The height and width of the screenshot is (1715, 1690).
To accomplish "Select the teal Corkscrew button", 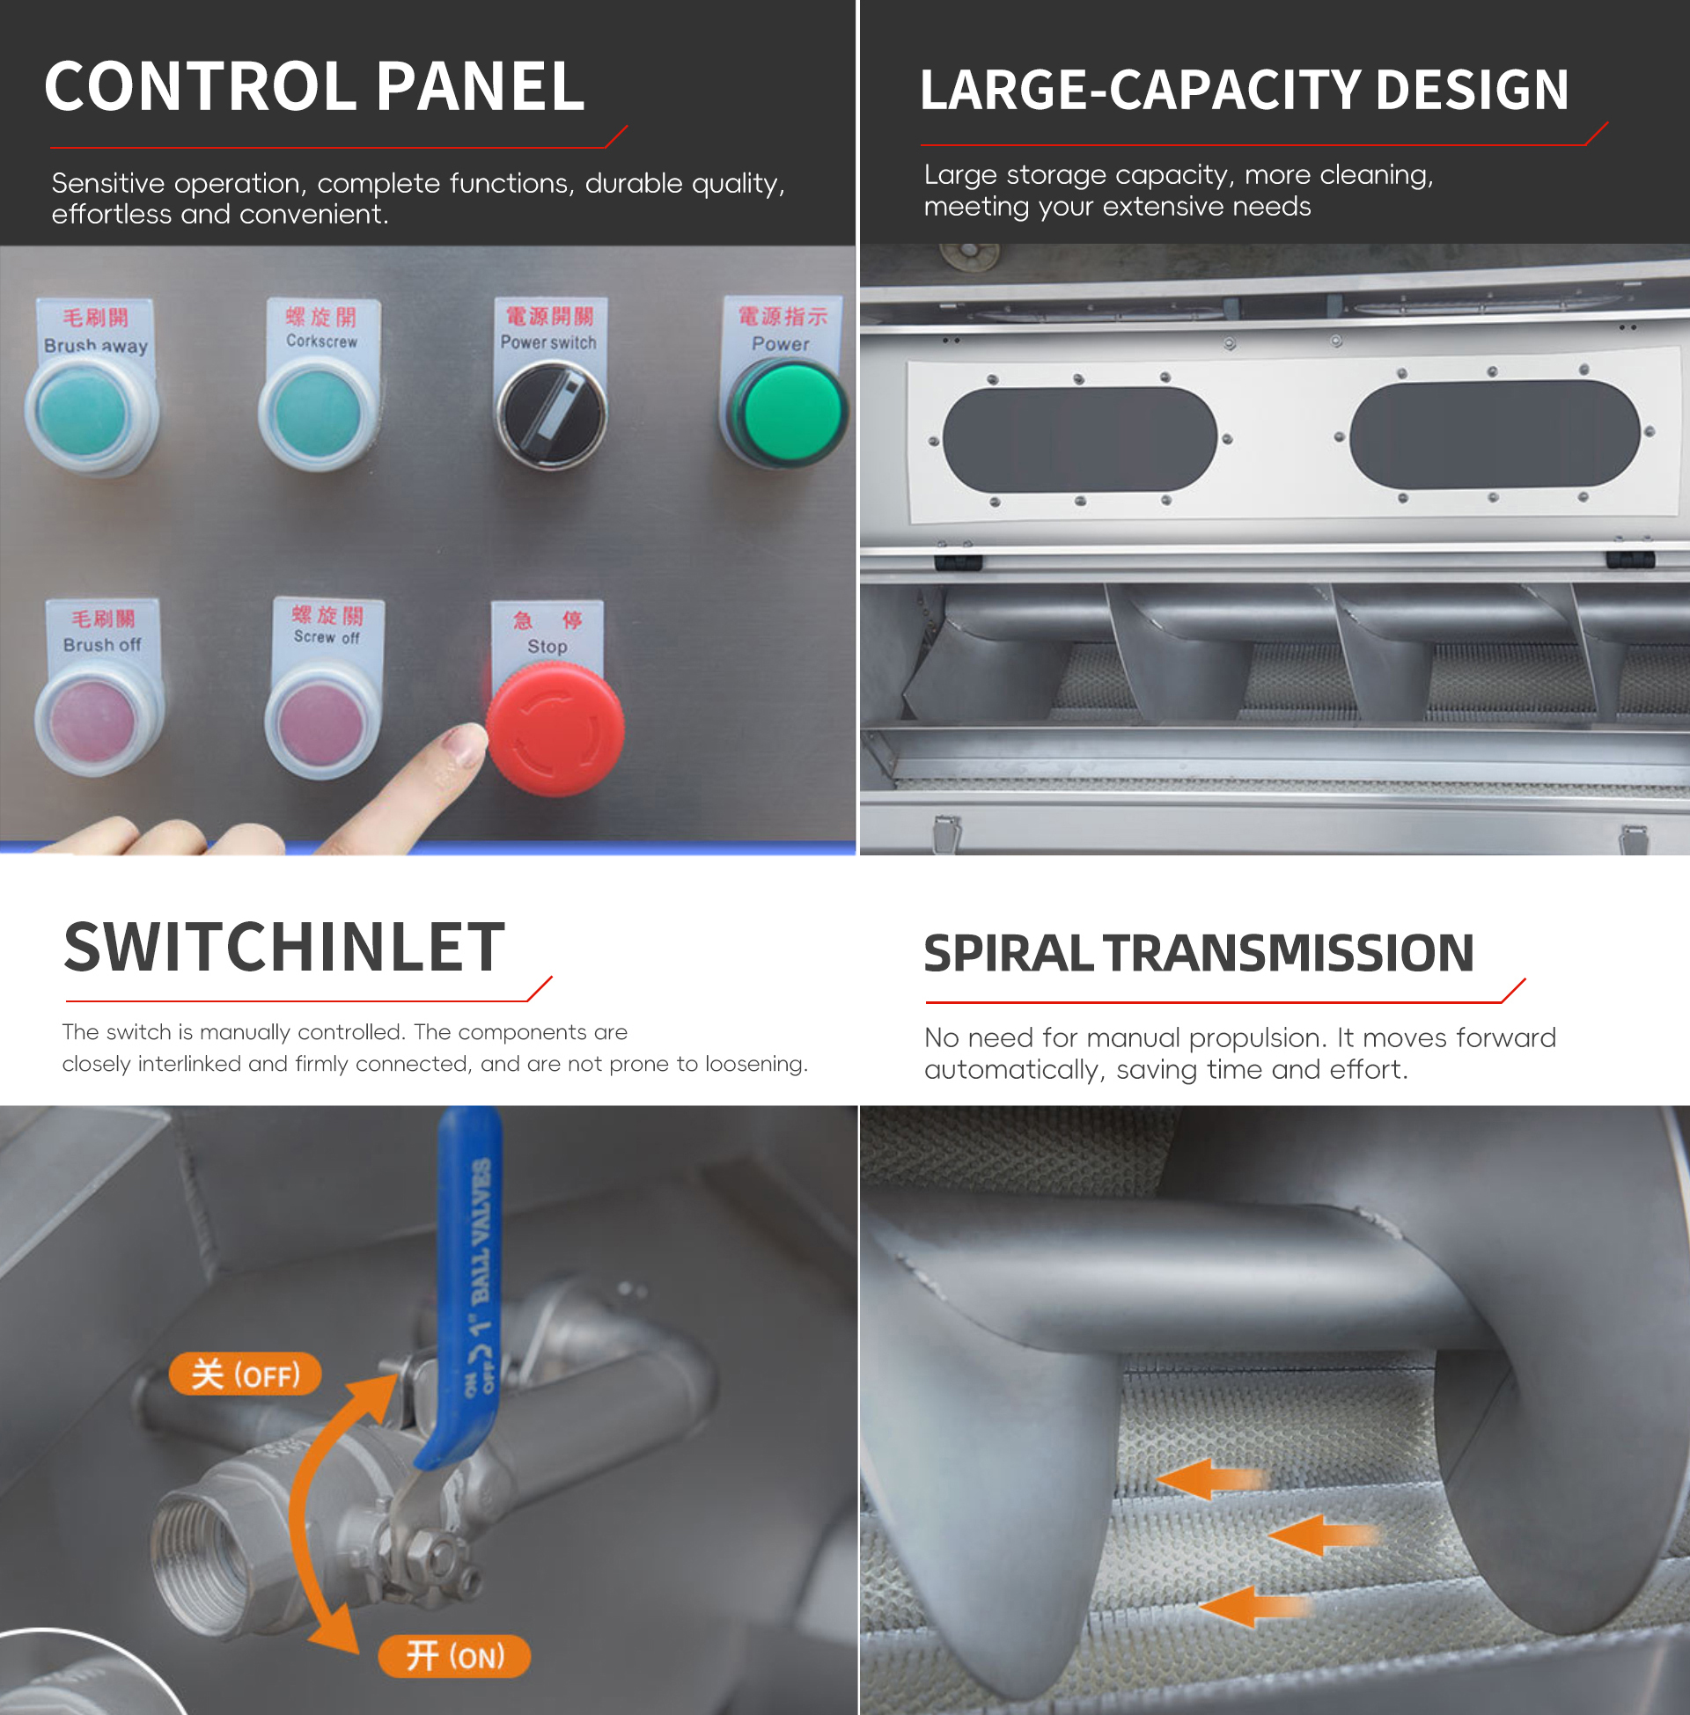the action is (317, 414).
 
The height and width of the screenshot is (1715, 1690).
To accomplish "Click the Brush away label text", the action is (96, 346).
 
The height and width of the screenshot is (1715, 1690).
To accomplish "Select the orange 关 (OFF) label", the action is (245, 1374).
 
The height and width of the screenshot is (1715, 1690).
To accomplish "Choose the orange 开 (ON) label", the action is (454, 1655).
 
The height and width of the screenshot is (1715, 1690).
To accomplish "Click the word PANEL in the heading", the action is (481, 86).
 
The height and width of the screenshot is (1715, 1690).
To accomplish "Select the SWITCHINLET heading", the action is (284, 947).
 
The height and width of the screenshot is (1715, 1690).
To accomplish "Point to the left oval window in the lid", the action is (1079, 439).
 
